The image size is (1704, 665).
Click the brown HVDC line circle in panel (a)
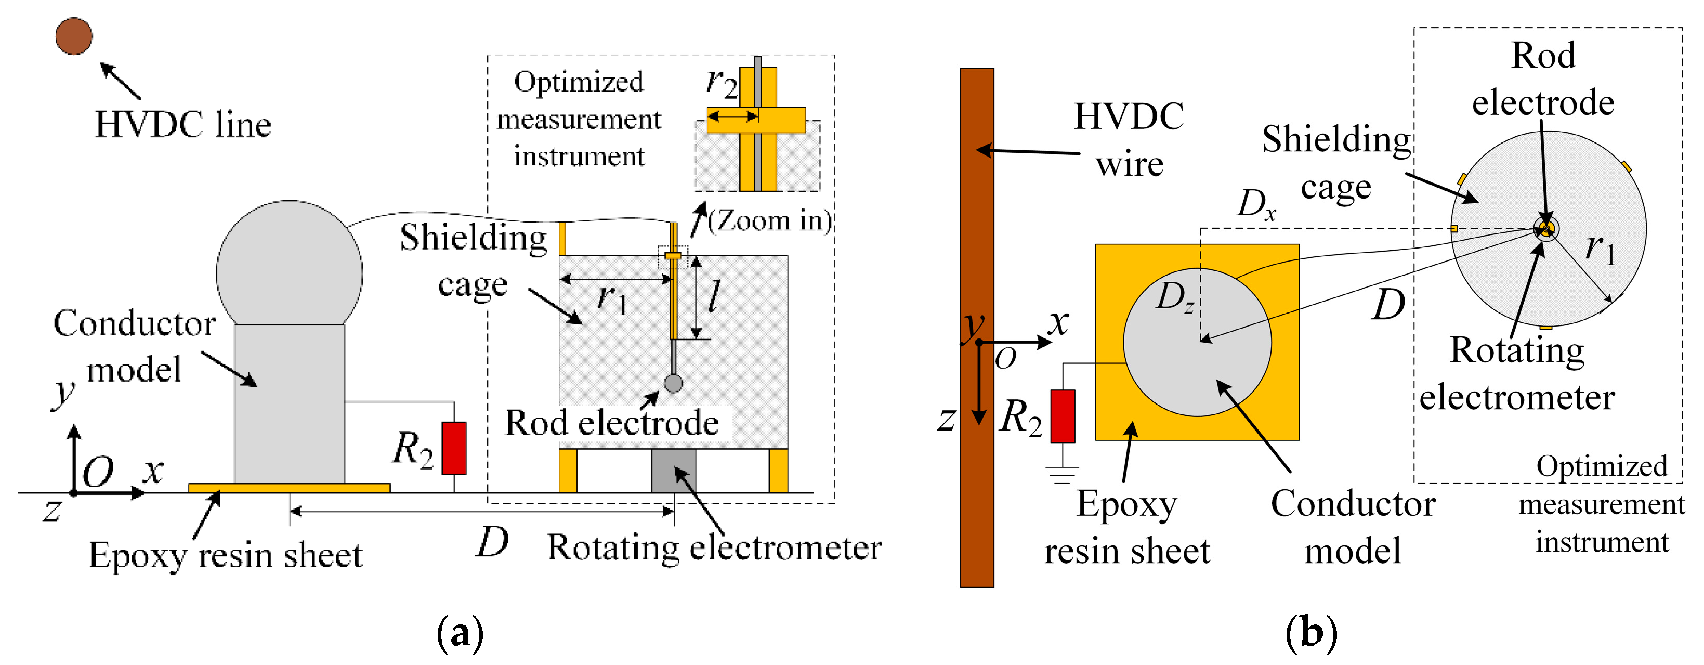(x=73, y=36)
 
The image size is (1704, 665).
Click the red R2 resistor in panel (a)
(x=454, y=448)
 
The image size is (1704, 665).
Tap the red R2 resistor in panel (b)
(x=1063, y=415)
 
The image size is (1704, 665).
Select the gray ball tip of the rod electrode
(x=673, y=383)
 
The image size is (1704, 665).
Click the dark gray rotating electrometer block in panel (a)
(x=673, y=470)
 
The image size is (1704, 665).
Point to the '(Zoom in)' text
(x=769, y=220)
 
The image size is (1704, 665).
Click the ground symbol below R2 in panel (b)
(x=1063, y=474)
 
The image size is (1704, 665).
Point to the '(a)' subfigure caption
(x=461, y=633)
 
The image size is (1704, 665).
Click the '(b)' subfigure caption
(x=1311, y=633)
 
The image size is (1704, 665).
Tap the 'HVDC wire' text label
(x=1129, y=140)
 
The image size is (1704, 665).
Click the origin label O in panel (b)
(x=1005, y=359)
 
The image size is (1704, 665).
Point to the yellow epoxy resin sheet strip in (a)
(x=289, y=488)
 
